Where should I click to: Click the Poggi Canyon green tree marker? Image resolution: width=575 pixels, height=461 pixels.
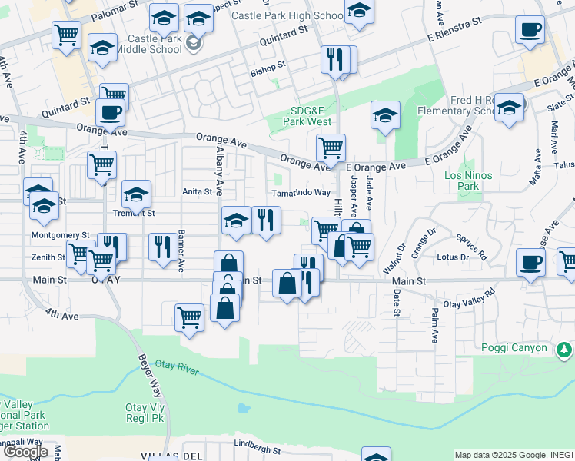(x=563, y=350)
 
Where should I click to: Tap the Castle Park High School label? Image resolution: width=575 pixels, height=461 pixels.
(x=287, y=15)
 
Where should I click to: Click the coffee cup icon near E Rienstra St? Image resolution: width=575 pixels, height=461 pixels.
(x=530, y=31)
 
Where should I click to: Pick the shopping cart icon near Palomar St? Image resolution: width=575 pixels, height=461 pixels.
(x=66, y=34)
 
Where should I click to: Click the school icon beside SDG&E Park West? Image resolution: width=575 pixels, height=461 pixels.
(x=385, y=116)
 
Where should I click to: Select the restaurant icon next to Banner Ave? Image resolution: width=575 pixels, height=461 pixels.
(x=162, y=247)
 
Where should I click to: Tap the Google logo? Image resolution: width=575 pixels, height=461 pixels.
(x=25, y=452)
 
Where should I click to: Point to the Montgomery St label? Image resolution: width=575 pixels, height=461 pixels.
(x=60, y=235)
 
